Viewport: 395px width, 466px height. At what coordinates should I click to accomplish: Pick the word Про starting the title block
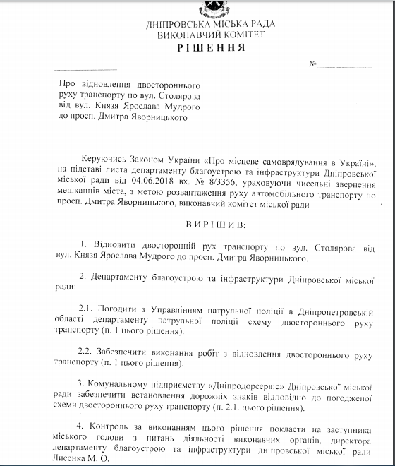pyautogui.click(x=65, y=83)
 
